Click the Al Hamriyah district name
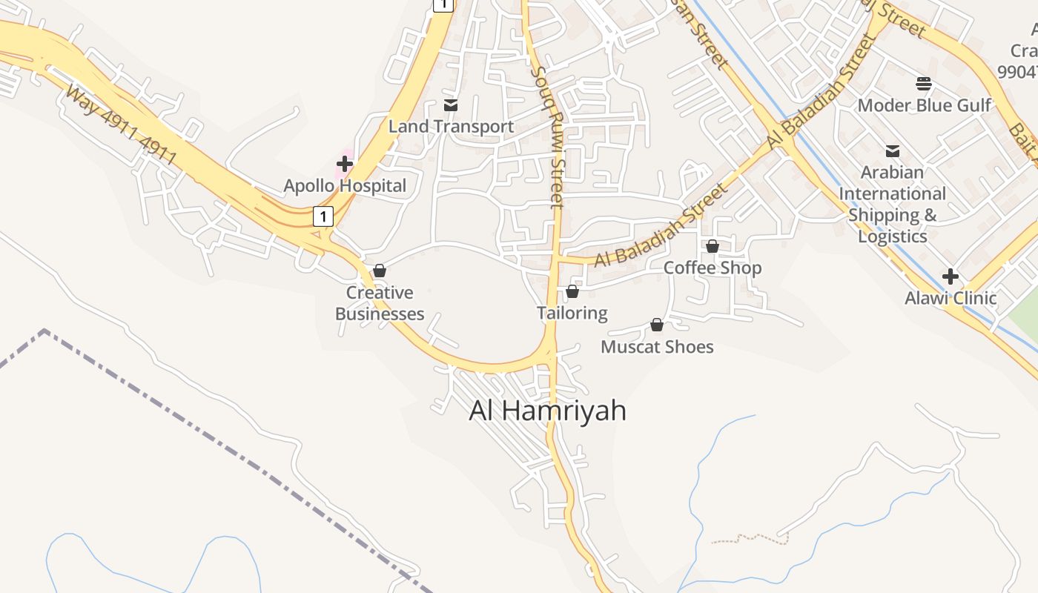click(x=547, y=411)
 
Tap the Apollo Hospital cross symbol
click(x=345, y=164)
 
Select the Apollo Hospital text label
click(x=345, y=185)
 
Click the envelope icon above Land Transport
click(x=450, y=105)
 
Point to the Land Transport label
click(x=451, y=127)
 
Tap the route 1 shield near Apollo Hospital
click(x=323, y=216)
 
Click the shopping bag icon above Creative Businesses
click(x=380, y=271)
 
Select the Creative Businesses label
click(x=380, y=303)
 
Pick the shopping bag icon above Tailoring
click(x=572, y=292)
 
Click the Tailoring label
click(x=572, y=314)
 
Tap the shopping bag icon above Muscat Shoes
click(x=657, y=325)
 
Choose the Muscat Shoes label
click(x=657, y=347)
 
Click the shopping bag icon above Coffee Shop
click(x=713, y=246)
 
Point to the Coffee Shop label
click(x=713, y=268)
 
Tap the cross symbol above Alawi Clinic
click(x=951, y=277)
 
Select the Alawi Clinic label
click(x=951, y=298)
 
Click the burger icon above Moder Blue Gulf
click(x=924, y=83)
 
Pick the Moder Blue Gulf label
click(x=924, y=105)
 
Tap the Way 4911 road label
click(x=121, y=125)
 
